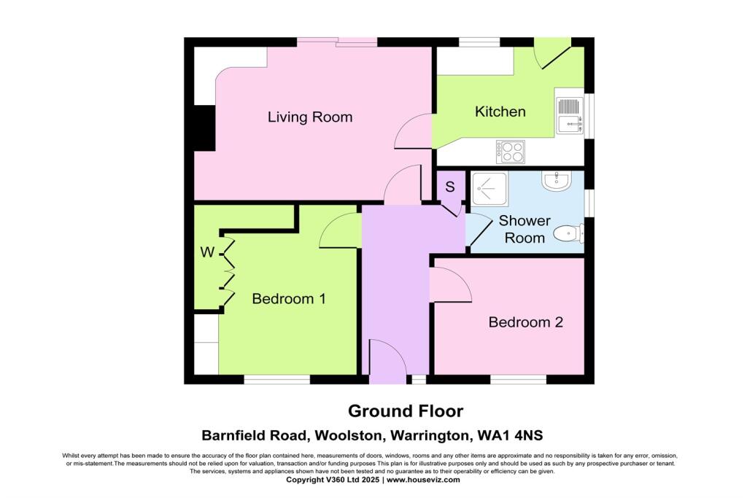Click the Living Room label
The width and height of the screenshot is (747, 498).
click(x=309, y=117)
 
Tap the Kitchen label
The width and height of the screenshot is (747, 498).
click(x=500, y=112)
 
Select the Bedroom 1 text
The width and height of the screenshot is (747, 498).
click(x=288, y=298)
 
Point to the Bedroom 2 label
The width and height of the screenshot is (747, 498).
click(x=525, y=322)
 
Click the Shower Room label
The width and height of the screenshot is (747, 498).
click(x=525, y=229)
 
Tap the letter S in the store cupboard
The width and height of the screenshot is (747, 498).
click(x=450, y=187)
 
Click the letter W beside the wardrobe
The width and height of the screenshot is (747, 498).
click(x=208, y=253)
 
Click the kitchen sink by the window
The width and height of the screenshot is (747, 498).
click(x=568, y=115)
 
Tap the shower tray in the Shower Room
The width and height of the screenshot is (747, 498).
click(x=489, y=189)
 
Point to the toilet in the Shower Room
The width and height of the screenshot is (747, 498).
click(x=568, y=234)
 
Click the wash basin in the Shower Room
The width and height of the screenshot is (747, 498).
click(x=559, y=180)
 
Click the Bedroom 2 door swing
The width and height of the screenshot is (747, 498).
click(x=450, y=285)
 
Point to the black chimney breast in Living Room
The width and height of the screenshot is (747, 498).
click(x=204, y=128)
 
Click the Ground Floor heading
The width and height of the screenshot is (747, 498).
click(x=405, y=411)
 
